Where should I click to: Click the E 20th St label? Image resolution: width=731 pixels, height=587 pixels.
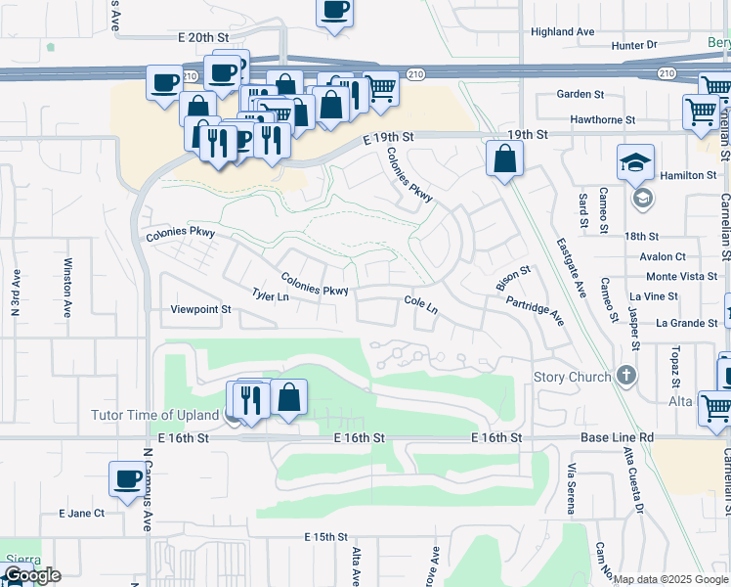pyautogui.click(x=202, y=36)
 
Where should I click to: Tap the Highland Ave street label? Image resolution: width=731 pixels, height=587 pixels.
pyautogui.click(x=562, y=31)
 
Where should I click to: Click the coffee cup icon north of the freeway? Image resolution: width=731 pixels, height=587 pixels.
pyautogui.click(x=334, y=12)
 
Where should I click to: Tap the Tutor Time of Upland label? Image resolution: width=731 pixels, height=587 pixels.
pyautogui.click(x=155, y=415)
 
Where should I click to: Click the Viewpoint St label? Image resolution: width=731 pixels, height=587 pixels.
pyautogui.click(x=200, y=309)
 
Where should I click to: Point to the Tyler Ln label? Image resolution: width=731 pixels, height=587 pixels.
pyautogui.click(x=271, y=295)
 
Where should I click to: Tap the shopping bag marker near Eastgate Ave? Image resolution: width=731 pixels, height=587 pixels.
pyautogui.click(x=504, y=158)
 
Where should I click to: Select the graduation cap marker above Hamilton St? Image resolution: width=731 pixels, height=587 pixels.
pyautogui.click(x=635, y=161)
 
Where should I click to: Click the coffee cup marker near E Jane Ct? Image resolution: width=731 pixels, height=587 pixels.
pyautogui.click(x=127, y=479)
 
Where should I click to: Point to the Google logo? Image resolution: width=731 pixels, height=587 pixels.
pyautogui.click(x=31, y=575)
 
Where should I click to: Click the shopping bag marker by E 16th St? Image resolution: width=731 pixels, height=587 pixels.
pyautogui.click(x=288, y=397)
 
